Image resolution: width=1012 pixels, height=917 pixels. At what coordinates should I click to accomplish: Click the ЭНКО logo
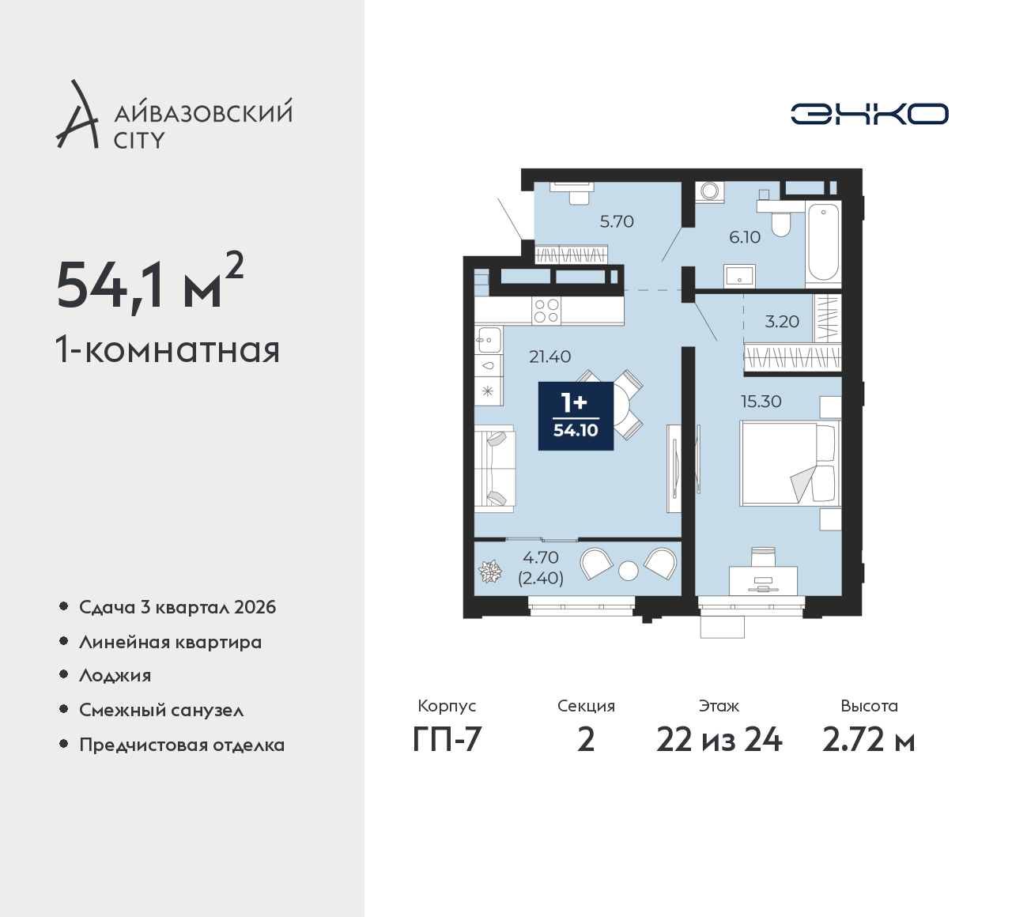(x=869, y=114)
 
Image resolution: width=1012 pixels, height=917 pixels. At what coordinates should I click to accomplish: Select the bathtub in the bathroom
(x=823, y=242)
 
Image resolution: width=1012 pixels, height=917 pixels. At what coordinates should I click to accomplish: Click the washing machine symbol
(x=710, y=192)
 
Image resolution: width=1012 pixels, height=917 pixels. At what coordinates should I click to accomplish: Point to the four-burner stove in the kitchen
(x=546, y=311)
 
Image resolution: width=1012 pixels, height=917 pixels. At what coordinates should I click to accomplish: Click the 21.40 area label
(x=550, y=357)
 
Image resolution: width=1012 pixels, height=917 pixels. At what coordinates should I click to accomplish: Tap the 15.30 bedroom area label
(x=761, y=402)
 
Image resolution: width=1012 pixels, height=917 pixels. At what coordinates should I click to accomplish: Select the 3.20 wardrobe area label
(x=782, y=321)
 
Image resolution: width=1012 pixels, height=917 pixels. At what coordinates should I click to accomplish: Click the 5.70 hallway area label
(x=617, y=221)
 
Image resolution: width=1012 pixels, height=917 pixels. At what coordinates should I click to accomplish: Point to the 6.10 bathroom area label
(x=745, y=237)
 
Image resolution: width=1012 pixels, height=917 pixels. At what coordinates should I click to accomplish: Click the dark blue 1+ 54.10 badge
(x=576, y=416)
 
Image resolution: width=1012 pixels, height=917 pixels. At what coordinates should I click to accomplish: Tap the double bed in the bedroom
(x=790, y=463)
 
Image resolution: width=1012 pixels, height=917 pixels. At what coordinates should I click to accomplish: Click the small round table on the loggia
(x=628, y=571)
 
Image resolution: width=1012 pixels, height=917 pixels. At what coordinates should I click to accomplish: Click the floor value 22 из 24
(x=719, y=741)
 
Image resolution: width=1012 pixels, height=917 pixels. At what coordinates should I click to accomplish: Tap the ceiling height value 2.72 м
(x=868, y=741)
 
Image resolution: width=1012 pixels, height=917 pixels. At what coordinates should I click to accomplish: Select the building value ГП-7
(x=447, y=741)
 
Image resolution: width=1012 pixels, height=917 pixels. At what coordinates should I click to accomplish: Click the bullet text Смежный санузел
(x=161, y=710)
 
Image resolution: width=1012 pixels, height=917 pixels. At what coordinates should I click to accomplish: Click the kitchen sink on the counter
(x=489, y=339)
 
